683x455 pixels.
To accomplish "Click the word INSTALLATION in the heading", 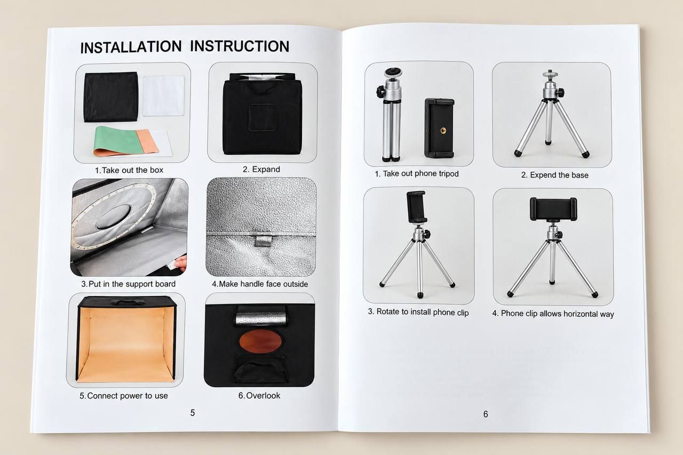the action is pyautogui.click(x=131, y=47).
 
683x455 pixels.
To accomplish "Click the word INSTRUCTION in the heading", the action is pyautogui.click(x=240, y=46).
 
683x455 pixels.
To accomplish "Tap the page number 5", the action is pyautogui.click(x=193, y=413).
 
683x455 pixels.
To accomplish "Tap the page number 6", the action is pyautogui.click(x=486, y=414).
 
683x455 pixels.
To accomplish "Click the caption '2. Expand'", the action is pyautogui.click(x=261, y=169).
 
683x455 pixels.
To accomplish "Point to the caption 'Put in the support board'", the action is pyautogui.click(x=128, y=284).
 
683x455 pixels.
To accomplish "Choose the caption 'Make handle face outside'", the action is pyautogui.click(x=260, y=284).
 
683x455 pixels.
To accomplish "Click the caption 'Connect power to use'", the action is pyautogui.click(x=123, y=396).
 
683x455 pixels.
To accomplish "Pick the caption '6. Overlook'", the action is pyautogui.click(x=259, y=395).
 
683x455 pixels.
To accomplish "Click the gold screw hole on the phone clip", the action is pyautogui.click(x=443, y=131).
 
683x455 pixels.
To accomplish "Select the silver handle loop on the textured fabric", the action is pyautogui.click(x=263, y=240).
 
